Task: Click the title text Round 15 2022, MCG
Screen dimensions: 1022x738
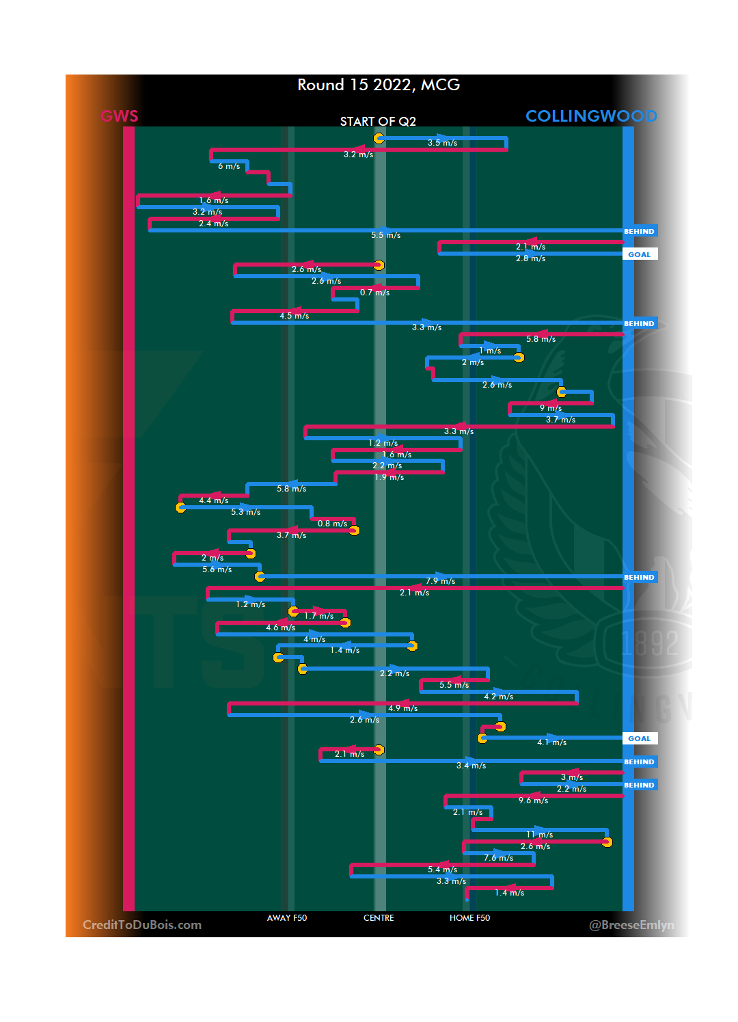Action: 379,85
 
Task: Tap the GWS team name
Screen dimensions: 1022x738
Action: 120,116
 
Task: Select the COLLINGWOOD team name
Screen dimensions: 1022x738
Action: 591,116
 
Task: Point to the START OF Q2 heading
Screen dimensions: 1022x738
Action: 378,122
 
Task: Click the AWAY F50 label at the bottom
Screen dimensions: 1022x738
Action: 287,918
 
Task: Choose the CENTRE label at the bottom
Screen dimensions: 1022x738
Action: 379,918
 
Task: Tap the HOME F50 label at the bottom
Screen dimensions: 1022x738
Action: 469,918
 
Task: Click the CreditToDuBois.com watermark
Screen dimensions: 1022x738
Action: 142,925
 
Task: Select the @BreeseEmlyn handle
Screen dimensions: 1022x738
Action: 631,925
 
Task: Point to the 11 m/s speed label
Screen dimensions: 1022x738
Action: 540,835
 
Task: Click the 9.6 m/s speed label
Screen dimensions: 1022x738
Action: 533,801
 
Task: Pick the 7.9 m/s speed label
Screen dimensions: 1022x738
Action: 440,581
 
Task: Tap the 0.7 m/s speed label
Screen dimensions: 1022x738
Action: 374,293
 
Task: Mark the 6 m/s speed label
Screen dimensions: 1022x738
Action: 229,167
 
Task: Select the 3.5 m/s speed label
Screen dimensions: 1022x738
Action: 442,143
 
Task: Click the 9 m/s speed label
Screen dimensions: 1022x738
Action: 551,408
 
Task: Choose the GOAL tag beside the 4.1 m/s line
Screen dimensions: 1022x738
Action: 640,738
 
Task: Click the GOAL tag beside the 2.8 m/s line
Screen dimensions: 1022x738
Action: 640,254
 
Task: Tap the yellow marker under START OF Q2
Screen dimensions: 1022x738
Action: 379,138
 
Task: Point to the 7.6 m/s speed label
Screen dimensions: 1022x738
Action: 498,858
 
